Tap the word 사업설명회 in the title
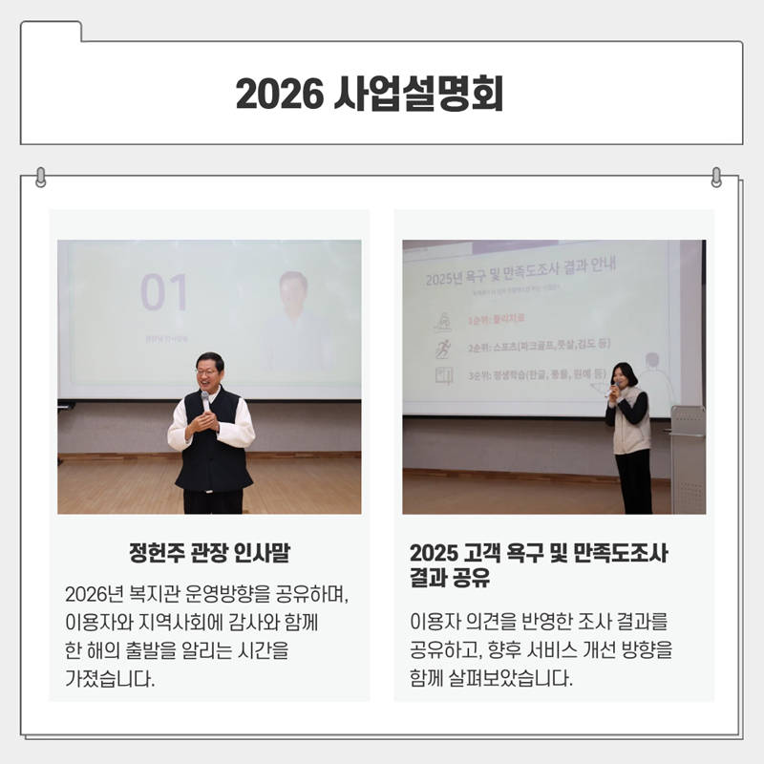[420, 94]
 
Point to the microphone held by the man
[205, 400]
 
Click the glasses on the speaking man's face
[209, 372]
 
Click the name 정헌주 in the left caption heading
[155, 553]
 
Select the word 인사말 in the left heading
[263, 553]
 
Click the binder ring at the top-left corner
[40, 177]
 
